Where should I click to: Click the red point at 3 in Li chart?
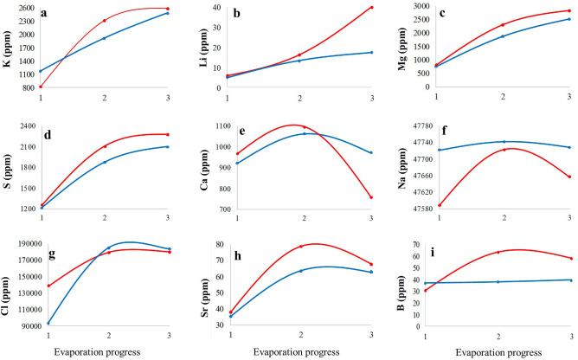[x=371, y=8]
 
